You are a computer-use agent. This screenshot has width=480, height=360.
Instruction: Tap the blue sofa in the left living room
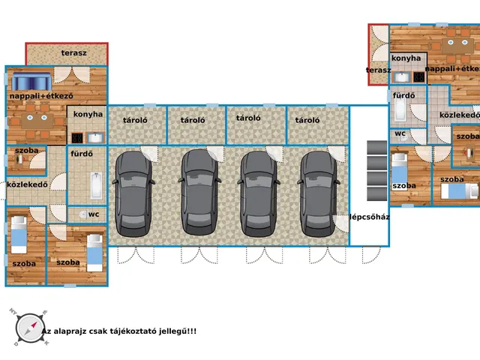tap(31, 82)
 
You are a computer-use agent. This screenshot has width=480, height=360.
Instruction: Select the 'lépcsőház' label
tap(370, 217)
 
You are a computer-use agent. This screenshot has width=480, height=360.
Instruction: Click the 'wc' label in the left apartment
tap(94, 214)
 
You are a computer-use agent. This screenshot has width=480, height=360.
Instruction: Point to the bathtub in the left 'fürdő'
tap(96, 185)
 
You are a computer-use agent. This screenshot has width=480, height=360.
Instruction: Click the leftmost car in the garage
tap(133, 194)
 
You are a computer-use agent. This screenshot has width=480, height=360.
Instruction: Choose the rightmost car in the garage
tap(318, 194)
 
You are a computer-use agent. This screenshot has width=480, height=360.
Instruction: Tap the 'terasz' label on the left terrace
tap(73, 53)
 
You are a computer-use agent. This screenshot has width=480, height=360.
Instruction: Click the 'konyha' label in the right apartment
tap(406, 58)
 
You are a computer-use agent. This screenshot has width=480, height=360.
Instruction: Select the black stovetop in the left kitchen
tap(77, 138)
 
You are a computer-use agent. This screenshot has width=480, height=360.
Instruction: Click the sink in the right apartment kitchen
tap(401, 77)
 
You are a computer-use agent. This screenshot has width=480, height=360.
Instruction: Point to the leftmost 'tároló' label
tap(135, 120)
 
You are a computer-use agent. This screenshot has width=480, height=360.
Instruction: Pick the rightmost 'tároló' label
tap(307, 120)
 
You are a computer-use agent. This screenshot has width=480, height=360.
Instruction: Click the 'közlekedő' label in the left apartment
tap(27, 184)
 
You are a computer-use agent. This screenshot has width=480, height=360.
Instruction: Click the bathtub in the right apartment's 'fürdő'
tap(400, 109)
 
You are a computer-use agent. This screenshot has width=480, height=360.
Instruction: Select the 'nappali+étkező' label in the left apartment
tap(41, 96)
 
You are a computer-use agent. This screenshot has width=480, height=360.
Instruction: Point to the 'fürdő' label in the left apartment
tap(82, 153)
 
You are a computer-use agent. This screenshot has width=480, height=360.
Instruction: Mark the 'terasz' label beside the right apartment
tap(378, 70)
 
